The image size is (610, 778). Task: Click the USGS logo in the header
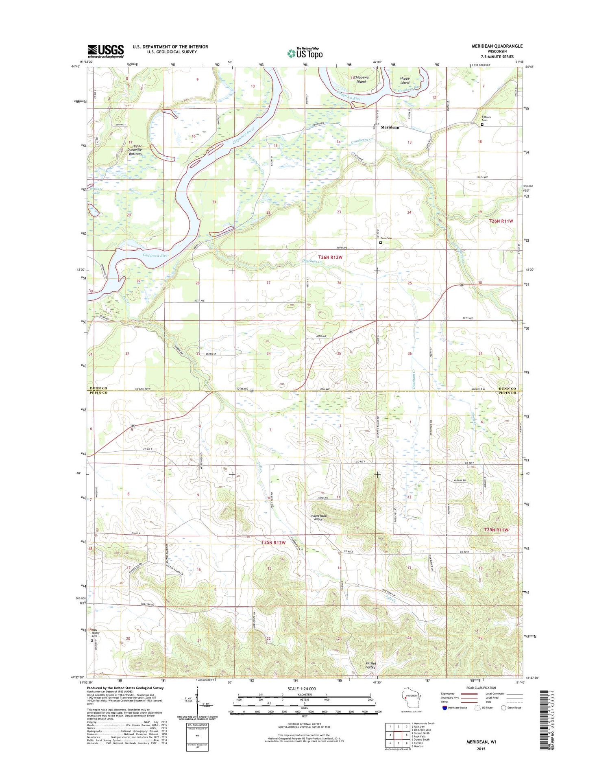(x=105, y=51)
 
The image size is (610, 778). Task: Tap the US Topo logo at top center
(x=305, y=53)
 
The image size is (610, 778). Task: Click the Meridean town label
(x=390, y=127)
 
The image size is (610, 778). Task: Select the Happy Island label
(x=405, y=80)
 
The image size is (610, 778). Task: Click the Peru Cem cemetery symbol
(x=381, y=243)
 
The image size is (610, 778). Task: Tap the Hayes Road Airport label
(x=319, y=517)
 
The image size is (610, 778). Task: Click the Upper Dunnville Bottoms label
(x=135, y=150)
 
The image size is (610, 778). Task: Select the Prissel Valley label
(x=370, y=665)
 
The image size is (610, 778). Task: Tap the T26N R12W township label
(x=330, y=257)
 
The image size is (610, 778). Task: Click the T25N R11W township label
(x=497, y=530)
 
